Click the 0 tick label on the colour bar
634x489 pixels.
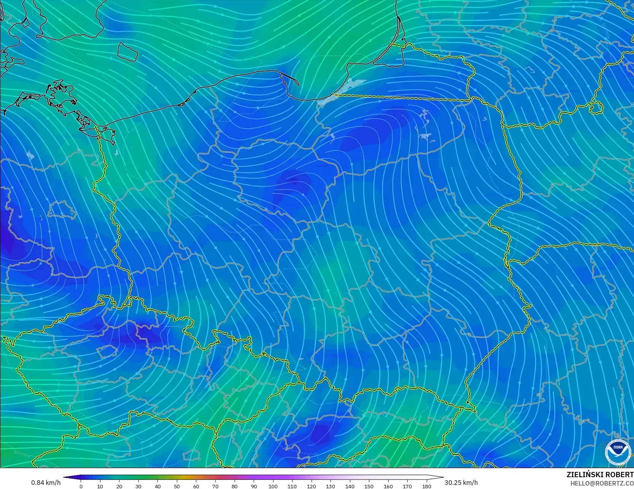point(81,486)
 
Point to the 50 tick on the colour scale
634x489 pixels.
point(177,486)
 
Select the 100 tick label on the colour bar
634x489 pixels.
point(273,486)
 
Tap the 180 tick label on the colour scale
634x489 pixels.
point(427,486)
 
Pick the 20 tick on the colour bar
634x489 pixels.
point(119,486)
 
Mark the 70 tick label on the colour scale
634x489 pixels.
point(215,486)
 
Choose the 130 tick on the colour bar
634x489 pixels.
point(331,486)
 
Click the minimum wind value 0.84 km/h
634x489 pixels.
point(46,483)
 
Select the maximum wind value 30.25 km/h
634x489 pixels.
point(461,483)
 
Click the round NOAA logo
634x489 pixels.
point(618,452)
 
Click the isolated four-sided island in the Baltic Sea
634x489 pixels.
point(127,51)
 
